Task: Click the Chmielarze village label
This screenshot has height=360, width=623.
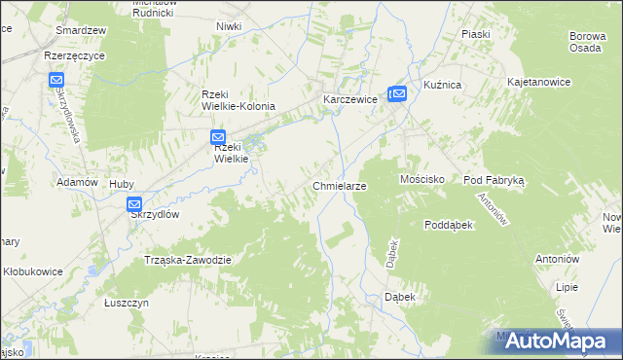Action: tap(339, 185)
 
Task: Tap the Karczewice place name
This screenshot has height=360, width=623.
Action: tap(349, 99)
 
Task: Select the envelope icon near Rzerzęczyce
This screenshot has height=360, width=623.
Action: tap(56, 80)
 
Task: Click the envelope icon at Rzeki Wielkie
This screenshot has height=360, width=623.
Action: tap(218, 138)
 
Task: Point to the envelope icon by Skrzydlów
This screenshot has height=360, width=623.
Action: tap(134, 204)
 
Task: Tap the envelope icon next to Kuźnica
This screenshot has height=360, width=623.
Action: tap(396, 93)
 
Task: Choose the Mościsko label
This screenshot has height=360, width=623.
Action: tap(422, 180)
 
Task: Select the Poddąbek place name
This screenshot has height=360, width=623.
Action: tap(449, 224)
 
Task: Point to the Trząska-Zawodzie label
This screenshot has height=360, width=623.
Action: tap(187, 260)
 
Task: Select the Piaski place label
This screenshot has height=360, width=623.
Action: tap(476, 34)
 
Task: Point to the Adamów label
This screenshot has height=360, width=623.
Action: tap(78, 182)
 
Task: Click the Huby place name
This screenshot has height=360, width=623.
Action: tap(122, 182)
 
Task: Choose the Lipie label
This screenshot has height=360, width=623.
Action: tap(567, 288)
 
